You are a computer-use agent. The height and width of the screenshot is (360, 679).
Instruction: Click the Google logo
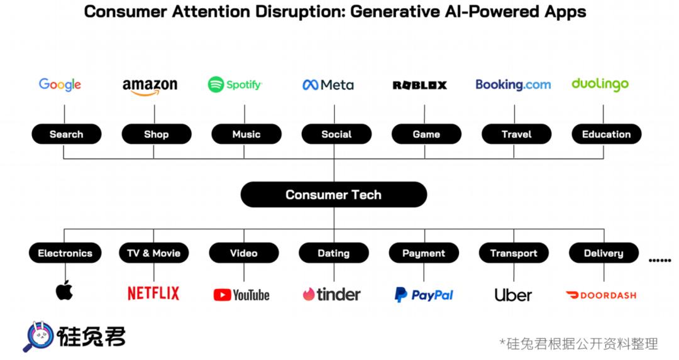point(60,85)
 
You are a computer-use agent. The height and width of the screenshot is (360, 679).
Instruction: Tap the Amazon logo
point(150,87)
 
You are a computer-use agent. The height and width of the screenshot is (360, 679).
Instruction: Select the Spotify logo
point(235,84)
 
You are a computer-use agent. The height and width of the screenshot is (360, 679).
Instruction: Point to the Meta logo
point(328,85)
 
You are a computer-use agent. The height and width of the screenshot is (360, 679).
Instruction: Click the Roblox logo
point(419,85)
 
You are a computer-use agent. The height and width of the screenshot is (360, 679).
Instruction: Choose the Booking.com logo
point(513,85)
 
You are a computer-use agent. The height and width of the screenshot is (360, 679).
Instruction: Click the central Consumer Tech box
point(333,195)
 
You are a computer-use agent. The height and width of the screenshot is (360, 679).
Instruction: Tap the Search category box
point(66,134)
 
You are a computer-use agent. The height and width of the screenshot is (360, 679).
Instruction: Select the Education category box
point(606,134)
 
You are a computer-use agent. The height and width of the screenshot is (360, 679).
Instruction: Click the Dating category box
point(333,253)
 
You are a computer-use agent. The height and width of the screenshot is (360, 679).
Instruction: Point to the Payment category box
point(423,253)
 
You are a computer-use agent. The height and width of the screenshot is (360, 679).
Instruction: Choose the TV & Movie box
point(153,253)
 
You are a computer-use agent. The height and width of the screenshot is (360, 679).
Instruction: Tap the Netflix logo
point(153,293)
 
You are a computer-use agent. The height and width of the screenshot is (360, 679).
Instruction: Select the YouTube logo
point(241,295)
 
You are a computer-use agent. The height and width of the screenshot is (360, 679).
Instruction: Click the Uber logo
point(513,295)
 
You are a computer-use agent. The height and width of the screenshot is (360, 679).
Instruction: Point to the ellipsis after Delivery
point(660,259)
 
